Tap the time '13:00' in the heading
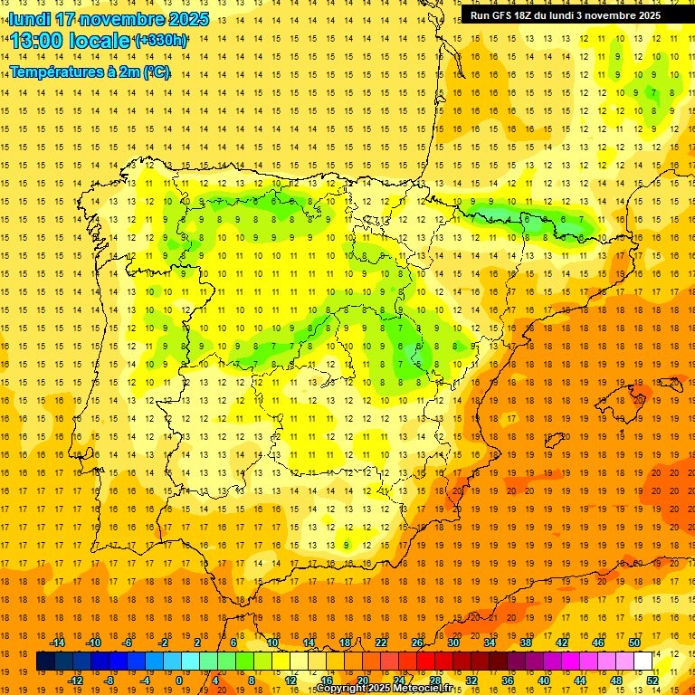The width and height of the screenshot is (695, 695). click(39, 41)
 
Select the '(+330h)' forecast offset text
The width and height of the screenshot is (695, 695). click(160, 41)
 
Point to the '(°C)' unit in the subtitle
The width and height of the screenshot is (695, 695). click(157, 71)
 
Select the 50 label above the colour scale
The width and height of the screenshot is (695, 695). click(634, 643)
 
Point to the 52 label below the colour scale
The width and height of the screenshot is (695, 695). click(652, 681)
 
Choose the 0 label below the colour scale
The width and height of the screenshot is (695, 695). click(179, 681)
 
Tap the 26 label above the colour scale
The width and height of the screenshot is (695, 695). click(417, 643)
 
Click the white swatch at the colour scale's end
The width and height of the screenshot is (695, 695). click(643, 662)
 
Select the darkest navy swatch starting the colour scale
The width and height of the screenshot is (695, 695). click(45, 662)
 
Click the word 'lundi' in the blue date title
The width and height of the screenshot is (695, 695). click(29, 19)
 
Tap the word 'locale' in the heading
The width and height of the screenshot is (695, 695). click(97, 41)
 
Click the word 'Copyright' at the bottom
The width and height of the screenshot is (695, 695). click(341, 689)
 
